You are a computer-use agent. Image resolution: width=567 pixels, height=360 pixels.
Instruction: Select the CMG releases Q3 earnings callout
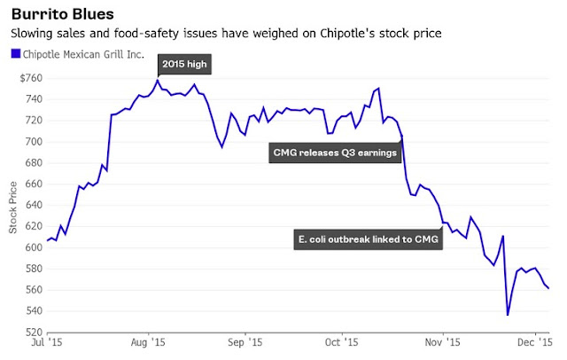[334, 153]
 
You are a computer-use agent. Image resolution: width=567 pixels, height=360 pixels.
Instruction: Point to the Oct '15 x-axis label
[339, 342]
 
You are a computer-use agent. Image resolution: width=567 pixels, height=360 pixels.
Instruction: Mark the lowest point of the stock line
[508, 315]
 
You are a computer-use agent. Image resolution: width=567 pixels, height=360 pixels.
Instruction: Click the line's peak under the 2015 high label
[158, 81]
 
